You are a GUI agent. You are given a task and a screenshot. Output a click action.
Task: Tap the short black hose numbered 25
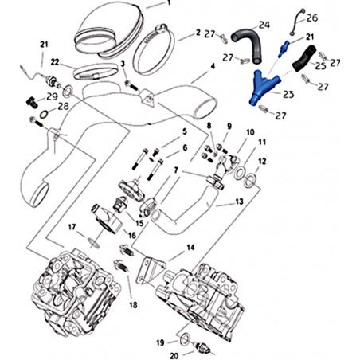(x=304, y=59)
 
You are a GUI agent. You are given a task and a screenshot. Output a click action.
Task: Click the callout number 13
(x=239, y=202)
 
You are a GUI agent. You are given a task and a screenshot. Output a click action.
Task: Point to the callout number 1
(x=169, y=2)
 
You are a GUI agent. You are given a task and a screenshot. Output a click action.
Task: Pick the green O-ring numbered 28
(x=44, y=115)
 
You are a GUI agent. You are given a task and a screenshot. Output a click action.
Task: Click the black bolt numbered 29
(x=30, y=102)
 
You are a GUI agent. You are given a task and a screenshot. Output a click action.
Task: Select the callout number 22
(x=55, y=62)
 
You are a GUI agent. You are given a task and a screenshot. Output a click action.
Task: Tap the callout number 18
(x=134, y=305)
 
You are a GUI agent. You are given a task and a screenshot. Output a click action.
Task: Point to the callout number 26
(x=312, y=18)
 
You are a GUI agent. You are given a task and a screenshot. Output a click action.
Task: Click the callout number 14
(x=190, y=248)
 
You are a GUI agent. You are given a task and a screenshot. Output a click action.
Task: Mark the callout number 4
(x=213, y=66)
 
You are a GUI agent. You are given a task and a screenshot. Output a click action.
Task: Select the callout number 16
(x=132, y=235)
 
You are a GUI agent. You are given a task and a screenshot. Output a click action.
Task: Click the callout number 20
(x=174, y=355)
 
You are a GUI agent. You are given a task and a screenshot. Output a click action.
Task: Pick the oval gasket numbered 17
(x=94, y=243)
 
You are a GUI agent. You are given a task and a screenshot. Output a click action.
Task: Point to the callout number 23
(x=288, y=94)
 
